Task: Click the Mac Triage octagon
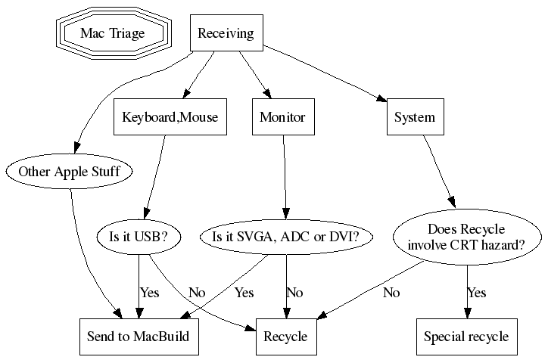pyautogui.click(x=113, y=34)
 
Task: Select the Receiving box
pyautogui.click(x=226, y=34)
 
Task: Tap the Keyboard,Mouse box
pyautogui.click(x=170, y=117)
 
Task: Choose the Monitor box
pyautogui.click(x=282, y=117)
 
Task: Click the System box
pyautogui.click(x=415, y=117)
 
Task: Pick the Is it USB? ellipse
pyautogui.click(x=139, y=237)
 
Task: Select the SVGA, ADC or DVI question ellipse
pyautogui.click(x=285, y=237)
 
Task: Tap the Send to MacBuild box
pyautogui.click(x=139, y=337)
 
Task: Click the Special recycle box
pyautogui.click(x=466, y=337)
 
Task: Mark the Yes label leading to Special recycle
pyautogui.click(x=476, y=292)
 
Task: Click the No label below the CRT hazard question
pyautogui.click(x=391, y=292)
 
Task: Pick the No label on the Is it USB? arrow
pyautogui.click(x=197, y=292)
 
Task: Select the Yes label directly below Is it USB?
pyautogui.click(x=149, y=292)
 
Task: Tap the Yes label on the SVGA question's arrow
pyautogui.click(x=244, y=292)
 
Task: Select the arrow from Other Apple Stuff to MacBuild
pyautogui.click(x=79, y=250)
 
